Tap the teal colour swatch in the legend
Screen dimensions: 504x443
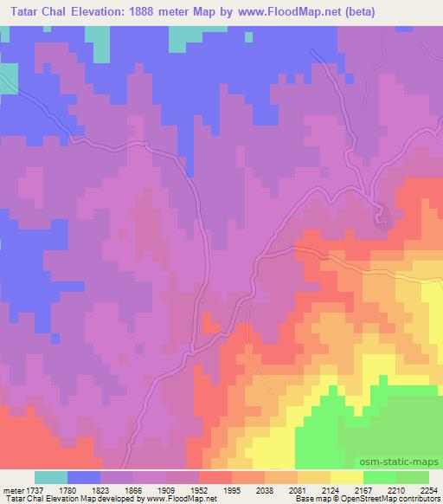[x=51, y=478]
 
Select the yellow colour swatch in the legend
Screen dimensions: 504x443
[x=347, y=478]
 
